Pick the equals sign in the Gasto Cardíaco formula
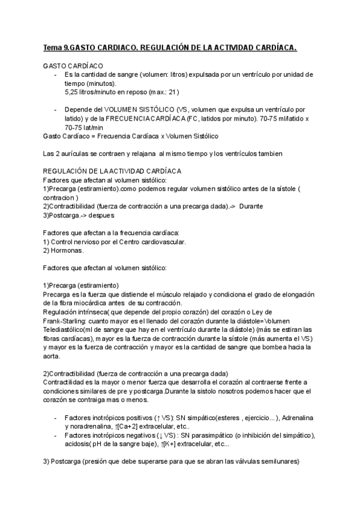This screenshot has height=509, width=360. coord(91,136)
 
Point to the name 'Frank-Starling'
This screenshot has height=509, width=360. coord(66,321)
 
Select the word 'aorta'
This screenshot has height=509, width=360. coord(53,356)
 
